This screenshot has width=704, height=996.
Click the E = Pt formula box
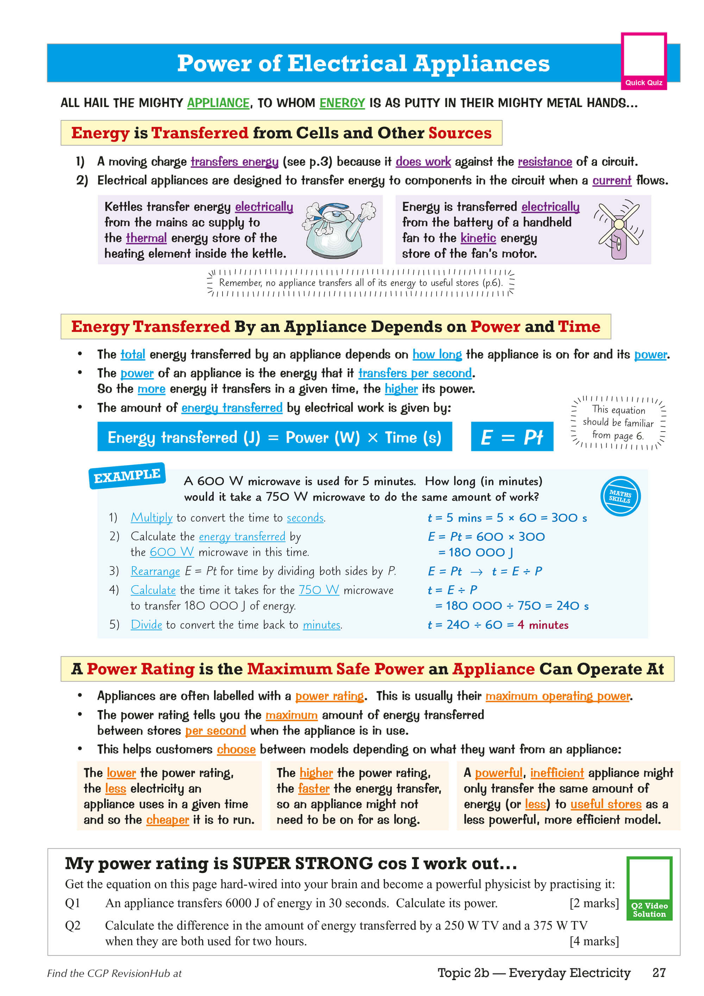point(512,437)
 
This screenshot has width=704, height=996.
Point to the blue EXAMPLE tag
point(127,476)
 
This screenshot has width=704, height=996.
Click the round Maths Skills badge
point(620,496)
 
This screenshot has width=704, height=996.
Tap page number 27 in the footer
point(659,972)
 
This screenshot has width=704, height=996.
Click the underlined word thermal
point(146,238)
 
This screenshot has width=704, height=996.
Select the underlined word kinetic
point(478,238)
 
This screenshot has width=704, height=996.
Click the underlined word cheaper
point(168,820)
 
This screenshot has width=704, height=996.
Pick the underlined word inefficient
point(557,773)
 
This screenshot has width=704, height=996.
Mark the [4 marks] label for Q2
point(594,941)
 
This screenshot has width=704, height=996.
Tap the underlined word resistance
point(545,162)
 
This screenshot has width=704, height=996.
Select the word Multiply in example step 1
point(151,518)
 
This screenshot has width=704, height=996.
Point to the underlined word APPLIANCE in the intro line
point(218,103)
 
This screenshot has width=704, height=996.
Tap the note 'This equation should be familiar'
point(618,422)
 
